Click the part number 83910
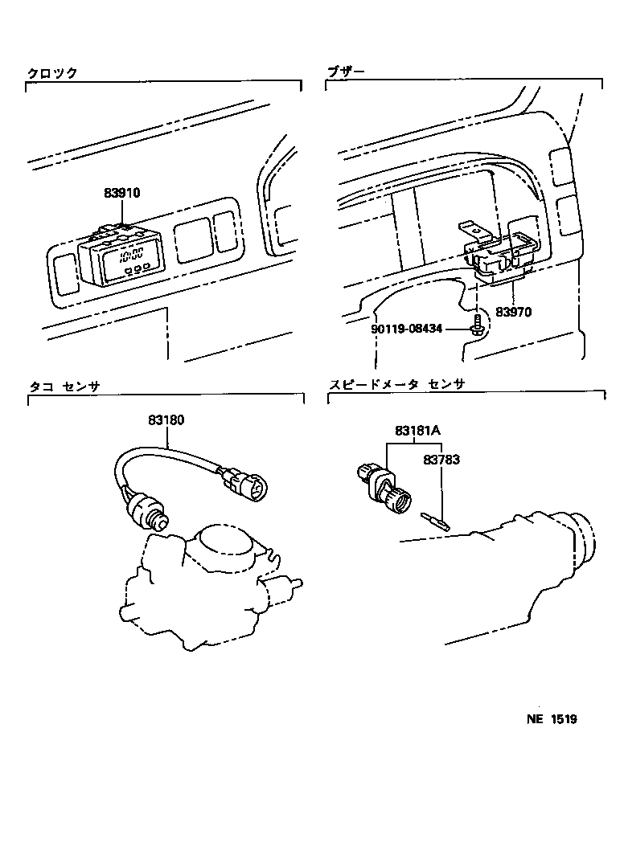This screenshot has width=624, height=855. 121,193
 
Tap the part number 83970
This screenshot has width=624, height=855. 513,312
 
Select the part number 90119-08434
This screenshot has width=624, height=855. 406,330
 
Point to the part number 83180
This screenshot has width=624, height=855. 166,420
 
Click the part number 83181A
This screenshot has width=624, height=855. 418,431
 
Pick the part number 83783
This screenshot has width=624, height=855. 441,460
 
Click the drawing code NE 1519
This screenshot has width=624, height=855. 552,719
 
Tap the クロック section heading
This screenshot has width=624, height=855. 52,74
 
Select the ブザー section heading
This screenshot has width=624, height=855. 346,72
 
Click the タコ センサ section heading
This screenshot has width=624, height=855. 64,387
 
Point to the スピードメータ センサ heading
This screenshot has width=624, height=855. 396,384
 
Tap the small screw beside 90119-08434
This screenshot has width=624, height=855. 476,323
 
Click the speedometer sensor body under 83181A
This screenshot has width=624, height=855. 384,486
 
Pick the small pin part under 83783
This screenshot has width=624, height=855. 435,522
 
